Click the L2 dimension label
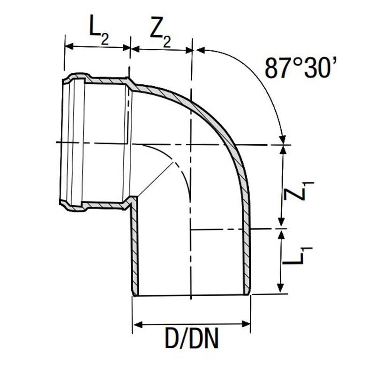(x=99, y=30)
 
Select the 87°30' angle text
(x=300, y=67)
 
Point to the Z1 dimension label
(x=298, y=191)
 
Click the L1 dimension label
(x=297, y=256)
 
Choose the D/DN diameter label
(x=192, y=338)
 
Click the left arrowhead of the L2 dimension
(x=69, y=46)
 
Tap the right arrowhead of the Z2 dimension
(x=189, y=50)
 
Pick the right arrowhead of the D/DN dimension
(x=246, y=324)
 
